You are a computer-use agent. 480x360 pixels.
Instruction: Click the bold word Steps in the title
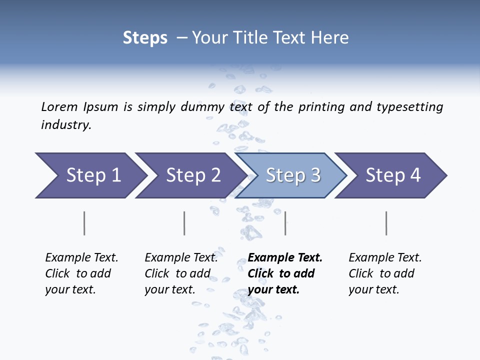pyautogui.click(x=145, y=38)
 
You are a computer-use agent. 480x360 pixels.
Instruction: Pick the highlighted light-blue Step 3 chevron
pyautogui.click(x=292, y=175)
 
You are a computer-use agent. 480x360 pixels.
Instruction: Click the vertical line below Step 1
pyautogui.click(x=84, y=223)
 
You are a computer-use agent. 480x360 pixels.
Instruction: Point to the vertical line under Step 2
pyautogui.click(x=184, y=223)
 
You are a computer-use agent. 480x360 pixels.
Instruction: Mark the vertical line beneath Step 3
pyautogui.click(x=285, y=223)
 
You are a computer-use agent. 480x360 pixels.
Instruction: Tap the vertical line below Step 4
pyautogui.click(x=386, y=223)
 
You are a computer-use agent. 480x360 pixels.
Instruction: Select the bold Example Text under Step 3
pyautogui.click(x=285, y=273)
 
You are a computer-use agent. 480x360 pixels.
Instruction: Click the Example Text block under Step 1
pyautogui.click(x=81, y=273)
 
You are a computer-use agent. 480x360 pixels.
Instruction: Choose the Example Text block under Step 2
pyautogui.click(x=181, y=273)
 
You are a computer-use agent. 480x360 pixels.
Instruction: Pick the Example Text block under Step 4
pyautogui.click(x=385, y=273)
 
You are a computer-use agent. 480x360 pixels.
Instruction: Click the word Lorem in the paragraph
pyautogui.click(x=59, y=106)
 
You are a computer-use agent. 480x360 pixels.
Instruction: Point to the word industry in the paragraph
pyautogui.click(x=66, y=125)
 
